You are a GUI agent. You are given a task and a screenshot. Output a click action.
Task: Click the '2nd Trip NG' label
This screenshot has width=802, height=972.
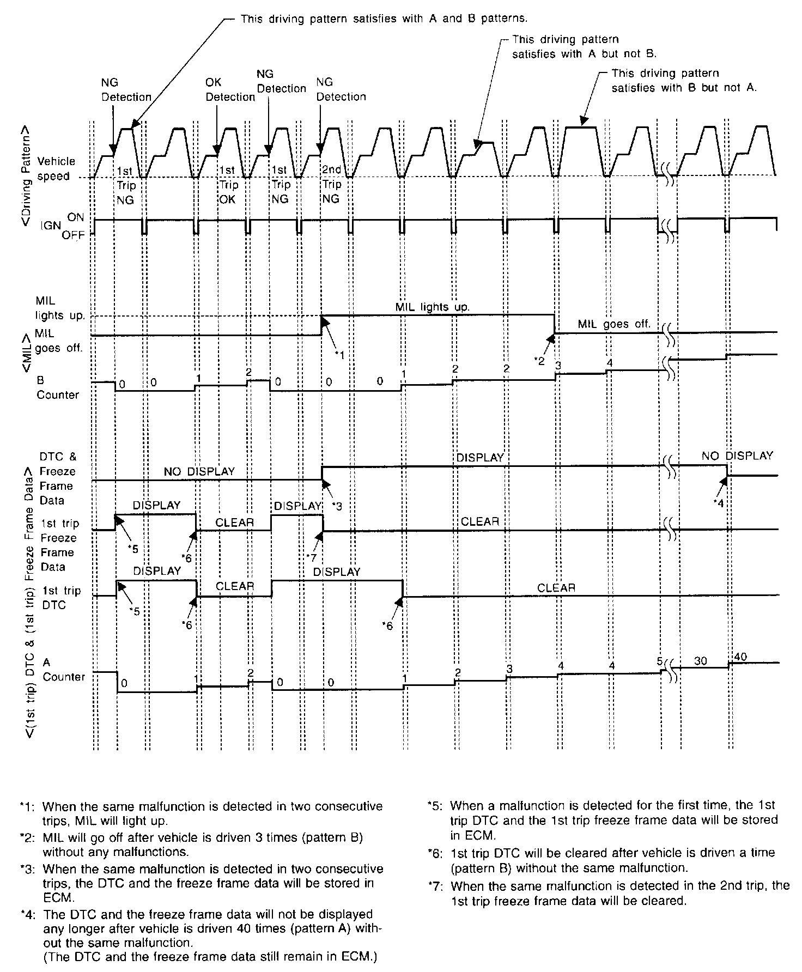click(x=331, y=184)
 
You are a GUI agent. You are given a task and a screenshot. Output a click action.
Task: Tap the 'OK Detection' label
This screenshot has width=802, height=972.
click(x=229, y=90)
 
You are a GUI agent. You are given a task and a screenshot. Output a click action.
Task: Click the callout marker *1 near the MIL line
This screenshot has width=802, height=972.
click(x=339, y=355)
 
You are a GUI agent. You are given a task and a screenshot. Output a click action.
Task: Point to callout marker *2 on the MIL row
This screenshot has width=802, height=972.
click(x=540, y=360)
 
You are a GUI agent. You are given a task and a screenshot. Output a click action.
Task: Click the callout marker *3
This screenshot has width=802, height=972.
click(x=337, y=506)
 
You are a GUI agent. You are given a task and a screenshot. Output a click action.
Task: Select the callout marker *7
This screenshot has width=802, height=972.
click(x=311, y=557)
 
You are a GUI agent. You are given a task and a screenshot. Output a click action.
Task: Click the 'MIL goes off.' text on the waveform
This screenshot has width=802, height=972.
click(x=614, y=324)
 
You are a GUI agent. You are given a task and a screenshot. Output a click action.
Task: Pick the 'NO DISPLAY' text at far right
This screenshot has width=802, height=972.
click(x=737, y=456)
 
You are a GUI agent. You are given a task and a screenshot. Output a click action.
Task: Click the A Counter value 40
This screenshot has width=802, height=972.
click(x=740, y=657)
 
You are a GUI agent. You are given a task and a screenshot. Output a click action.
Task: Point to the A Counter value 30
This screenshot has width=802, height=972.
click(x=700, y=661)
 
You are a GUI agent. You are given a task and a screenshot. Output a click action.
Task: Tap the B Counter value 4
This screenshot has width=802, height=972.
click(x=610, y=362)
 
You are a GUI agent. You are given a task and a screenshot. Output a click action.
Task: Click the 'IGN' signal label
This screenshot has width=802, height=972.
click(x=50, y=226)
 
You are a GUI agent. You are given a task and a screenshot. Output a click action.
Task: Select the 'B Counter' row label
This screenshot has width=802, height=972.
click(x=57, y=387)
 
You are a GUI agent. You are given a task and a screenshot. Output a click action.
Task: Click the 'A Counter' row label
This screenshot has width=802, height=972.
click(x=63, y=670)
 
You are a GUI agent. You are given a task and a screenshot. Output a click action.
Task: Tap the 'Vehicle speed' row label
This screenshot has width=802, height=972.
click(x=54, y=169)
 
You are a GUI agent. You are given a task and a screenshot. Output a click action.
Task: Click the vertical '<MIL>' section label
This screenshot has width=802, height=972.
click(x=27, y=354)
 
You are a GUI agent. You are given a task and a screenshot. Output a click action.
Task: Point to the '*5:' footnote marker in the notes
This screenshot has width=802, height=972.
click(x=437, y=805)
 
